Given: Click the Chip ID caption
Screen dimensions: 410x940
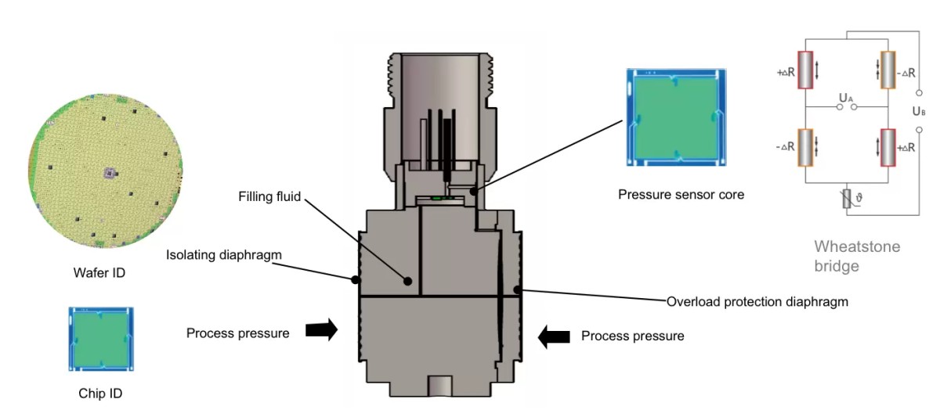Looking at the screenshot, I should tap(100, 394).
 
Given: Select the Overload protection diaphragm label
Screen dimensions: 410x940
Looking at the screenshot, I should tap(757, 301).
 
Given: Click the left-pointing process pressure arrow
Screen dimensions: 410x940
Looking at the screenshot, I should tap(554, 336).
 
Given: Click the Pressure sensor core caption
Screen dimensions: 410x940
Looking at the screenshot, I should tap(681, 194).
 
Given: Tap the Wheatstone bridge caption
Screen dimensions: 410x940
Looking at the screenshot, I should tap(857, 256).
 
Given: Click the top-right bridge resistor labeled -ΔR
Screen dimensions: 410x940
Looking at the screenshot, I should tap(888, 69).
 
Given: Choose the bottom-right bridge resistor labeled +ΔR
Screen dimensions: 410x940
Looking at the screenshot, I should tap(888, 146).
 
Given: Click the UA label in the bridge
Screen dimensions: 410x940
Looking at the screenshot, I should tap(846, 98).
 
